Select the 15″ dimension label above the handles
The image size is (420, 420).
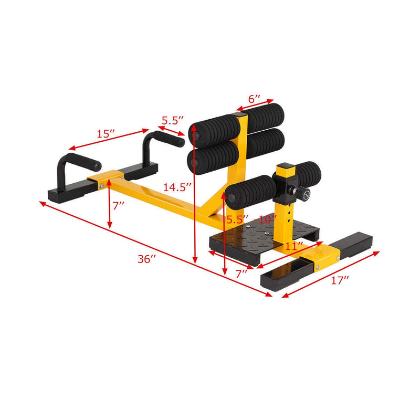[106, 134]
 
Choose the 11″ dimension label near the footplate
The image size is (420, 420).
[295, 246]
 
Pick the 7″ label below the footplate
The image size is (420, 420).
[241, 274]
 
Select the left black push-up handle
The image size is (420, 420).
[73, 165]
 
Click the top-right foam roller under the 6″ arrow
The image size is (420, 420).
[265, 114]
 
